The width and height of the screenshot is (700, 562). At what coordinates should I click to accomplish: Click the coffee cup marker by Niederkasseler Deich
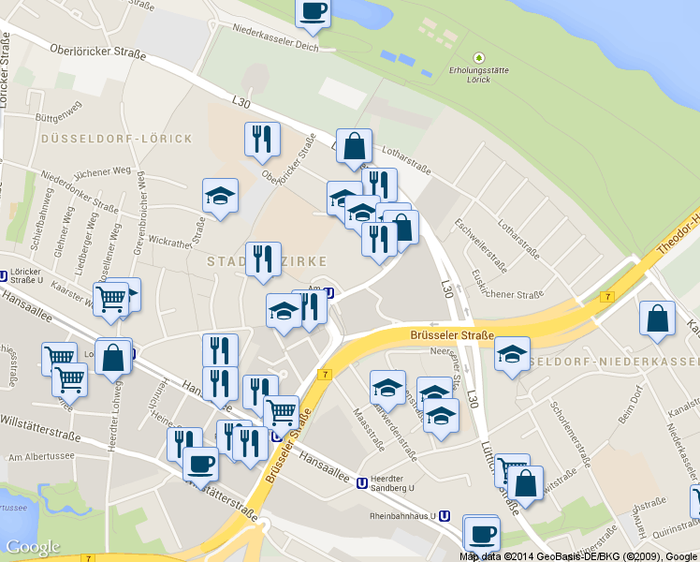coord(313,12)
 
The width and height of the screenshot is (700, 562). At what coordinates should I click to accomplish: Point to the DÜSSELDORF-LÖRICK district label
coord(117,139)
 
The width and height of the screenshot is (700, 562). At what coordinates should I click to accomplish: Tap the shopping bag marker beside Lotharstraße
coord(355,147)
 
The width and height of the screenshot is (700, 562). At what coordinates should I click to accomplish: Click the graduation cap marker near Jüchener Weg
coord(220,197)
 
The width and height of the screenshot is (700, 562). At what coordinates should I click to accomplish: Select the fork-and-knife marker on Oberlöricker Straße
coord(262,140)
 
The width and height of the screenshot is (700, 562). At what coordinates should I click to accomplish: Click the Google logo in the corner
coord(33,547)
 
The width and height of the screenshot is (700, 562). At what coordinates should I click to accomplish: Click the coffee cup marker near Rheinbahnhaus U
coord(481,535)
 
